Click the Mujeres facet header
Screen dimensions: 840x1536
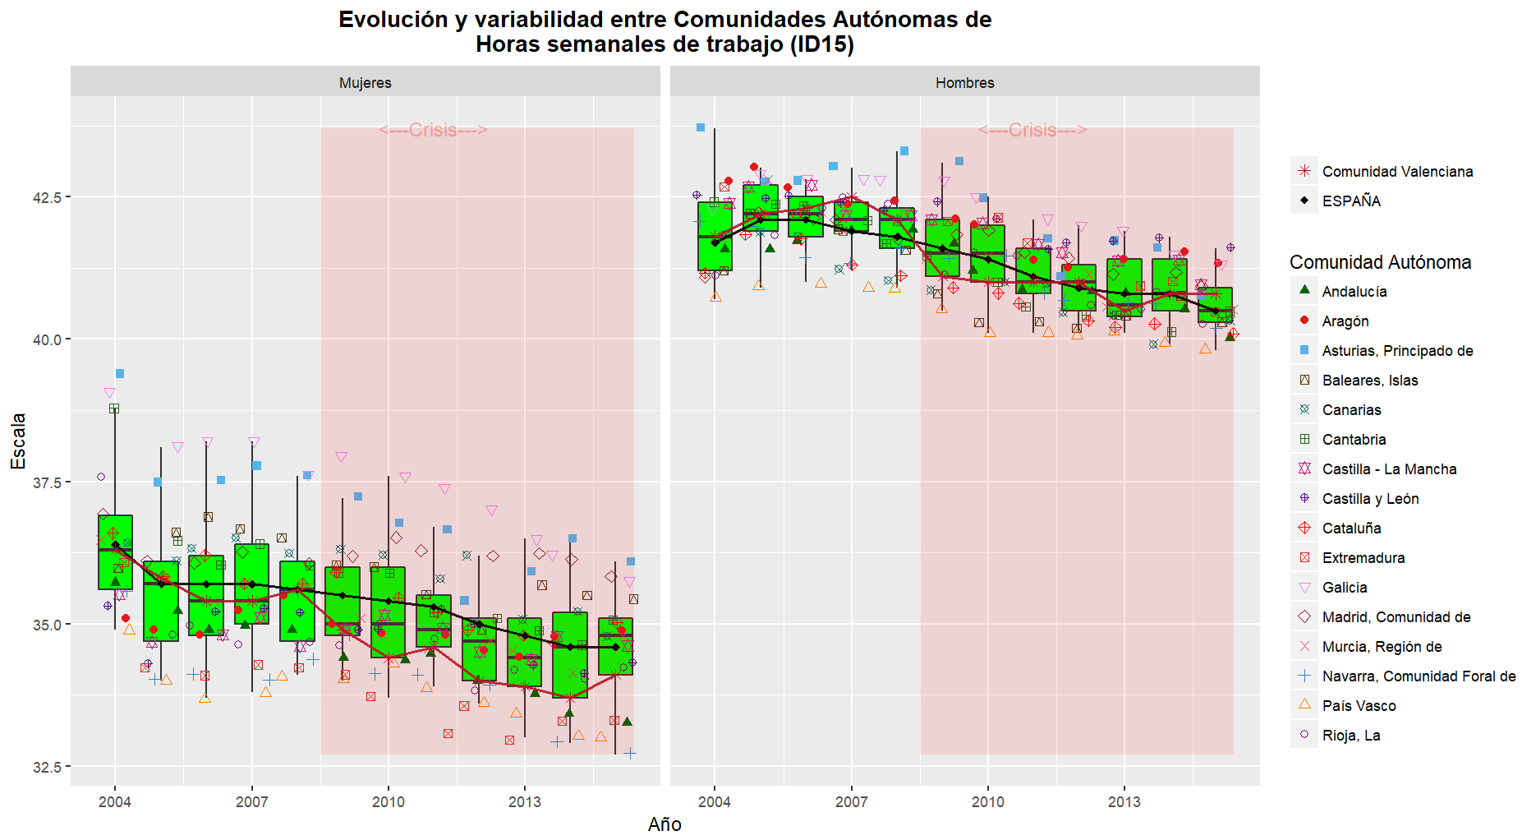click(366, 82)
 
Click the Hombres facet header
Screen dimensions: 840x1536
click(964, 82)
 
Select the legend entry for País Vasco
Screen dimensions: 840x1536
click(1359, 705)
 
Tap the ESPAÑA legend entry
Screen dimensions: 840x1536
click(1351, 201)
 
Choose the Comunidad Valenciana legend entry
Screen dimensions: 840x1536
click(1397, 171)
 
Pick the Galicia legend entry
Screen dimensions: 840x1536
click(1345, 587)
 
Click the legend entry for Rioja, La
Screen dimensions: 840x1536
click(1350, 735)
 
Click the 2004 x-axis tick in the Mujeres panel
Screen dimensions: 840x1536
click(115, 801)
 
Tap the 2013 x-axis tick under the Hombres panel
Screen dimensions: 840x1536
click(1124, 801)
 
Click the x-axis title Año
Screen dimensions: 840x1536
click(665, 824)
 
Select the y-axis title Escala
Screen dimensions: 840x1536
click(18, 441)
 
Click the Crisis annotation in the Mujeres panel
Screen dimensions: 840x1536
click(433, 130)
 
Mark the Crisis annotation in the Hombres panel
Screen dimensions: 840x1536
click(1032, 130)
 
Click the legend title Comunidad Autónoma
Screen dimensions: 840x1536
click(1380, 262)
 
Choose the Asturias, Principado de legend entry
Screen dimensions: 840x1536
click(1397, 350)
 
